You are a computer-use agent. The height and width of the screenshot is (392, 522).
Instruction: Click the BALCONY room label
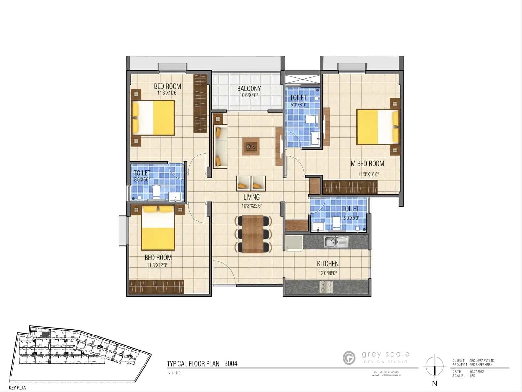(249, 89)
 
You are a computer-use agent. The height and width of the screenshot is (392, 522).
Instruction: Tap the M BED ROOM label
(367, 164)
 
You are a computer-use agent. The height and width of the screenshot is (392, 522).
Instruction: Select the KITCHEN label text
(328, 264)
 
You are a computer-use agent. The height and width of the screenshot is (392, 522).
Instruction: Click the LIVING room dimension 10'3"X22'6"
(252, 206)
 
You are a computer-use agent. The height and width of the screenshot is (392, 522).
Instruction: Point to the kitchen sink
(336, 242)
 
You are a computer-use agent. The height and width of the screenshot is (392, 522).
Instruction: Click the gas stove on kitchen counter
(326, 287)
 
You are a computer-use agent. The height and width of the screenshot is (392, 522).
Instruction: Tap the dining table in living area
(253, 234)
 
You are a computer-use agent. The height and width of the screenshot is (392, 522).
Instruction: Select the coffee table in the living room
(251, 146)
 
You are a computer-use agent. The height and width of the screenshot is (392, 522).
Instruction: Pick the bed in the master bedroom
(378, 127)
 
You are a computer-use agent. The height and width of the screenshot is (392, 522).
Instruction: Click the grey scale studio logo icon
(349, 358)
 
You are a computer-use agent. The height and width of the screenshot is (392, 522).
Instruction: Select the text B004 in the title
(231, 364)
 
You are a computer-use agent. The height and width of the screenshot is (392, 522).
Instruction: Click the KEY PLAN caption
(18, 388)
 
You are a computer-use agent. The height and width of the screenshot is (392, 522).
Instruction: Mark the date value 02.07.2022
(477, 372)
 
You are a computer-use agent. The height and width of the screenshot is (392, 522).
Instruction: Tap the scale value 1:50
(472, 376)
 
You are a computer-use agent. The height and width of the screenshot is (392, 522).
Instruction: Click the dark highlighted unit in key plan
(45, 335)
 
